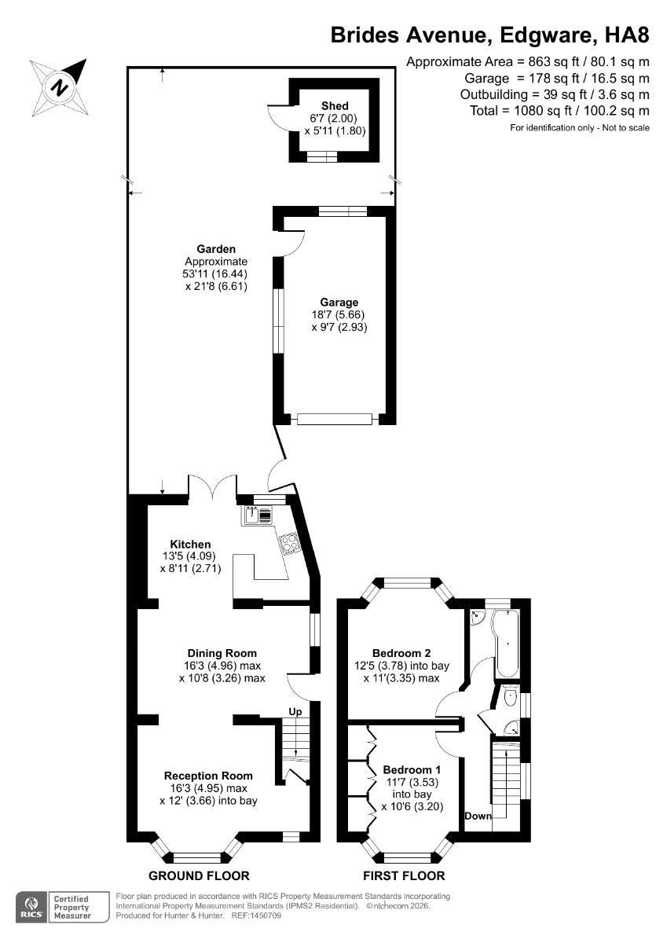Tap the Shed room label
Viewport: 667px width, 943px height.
pyautogui.click(x=335, y=105)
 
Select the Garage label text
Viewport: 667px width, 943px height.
pyautogui.click(x=339, y=302)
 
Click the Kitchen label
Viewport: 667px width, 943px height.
pyautogui.click(x=190, y=544)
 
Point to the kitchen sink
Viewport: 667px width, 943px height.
pyautogui.click(x=252, y=515)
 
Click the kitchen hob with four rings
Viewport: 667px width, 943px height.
pyautogui.click(x=288, y=543)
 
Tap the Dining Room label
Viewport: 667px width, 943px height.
pyautogui.click(x=222, y=653)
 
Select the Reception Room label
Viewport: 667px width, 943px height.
pyautogui.click(x=208, y=776)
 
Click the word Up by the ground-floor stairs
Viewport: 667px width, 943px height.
pyautogui.click(x=295, y=712)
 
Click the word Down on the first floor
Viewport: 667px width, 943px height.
pyautogui.click(x=478, y=816)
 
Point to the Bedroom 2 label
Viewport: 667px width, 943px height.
pyautogui.click(x=401, y=653)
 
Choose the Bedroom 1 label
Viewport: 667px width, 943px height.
pyautogui.click(x=412, y=770)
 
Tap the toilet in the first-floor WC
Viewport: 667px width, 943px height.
pyautogui.click(x=510, y=696)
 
